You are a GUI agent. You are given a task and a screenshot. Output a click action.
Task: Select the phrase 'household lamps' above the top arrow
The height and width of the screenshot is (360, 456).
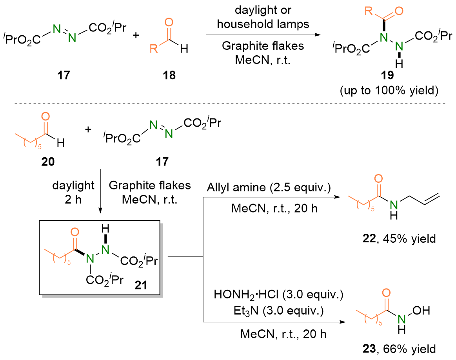click(x=263, y=24)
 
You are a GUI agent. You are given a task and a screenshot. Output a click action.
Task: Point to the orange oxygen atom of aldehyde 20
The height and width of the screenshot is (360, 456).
click(x=45, y=116)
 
